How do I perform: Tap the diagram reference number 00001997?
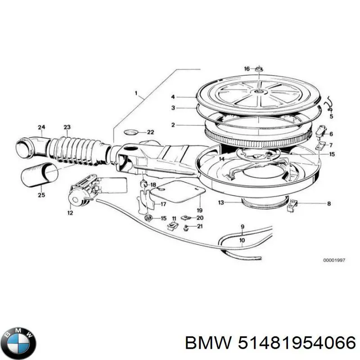pos(334,261)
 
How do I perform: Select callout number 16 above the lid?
pos(247,69)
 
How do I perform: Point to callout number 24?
pos(41,127)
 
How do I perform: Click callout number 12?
pos(70,213)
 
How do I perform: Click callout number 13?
pos(221,202)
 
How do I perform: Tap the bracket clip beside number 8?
pos(292,205)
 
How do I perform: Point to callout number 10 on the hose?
pos(242,240)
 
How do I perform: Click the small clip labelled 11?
pos(173,226)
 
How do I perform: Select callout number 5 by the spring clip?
pos(331,117)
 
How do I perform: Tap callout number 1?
pos(136,93)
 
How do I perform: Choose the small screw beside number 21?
pos(186,228)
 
